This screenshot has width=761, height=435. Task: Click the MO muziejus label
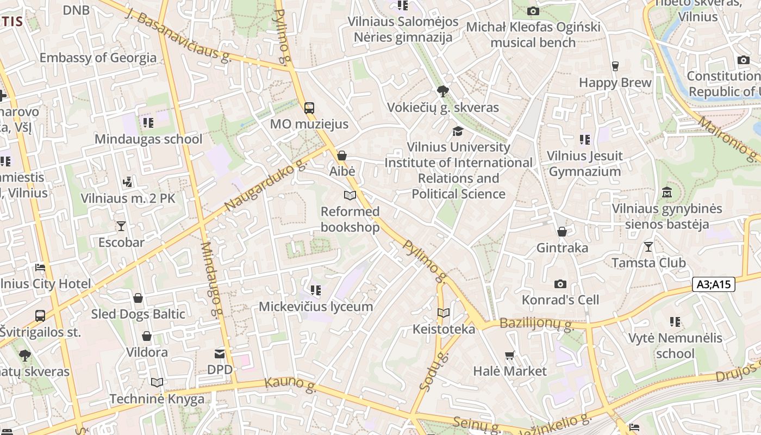point(309,124)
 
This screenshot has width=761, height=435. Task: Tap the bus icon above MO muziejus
point(309,108)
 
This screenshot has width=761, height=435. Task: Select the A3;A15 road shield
point(714,284)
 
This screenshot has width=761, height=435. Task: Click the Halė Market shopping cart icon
point(509,356)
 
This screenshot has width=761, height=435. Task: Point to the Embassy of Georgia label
point(98,58)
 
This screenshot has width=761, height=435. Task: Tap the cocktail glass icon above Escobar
point(121,226)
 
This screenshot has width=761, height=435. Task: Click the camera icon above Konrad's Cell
point(560,284)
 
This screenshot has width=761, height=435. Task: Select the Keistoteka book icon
point(444,313)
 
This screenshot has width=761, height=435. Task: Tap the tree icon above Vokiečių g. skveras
point(443,91)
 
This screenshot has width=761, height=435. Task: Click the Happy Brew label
point(615,83)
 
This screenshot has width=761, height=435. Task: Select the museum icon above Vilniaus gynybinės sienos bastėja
point(667,192)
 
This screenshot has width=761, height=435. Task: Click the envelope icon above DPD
point(220,354)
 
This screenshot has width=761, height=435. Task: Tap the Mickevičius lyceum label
point(315,307)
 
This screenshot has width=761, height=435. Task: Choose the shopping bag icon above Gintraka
point(562,232)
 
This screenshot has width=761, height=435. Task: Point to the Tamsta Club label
point(648,263)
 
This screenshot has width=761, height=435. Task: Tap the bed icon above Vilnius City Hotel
point(40,267)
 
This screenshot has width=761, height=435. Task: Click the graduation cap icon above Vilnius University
point(458,131)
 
